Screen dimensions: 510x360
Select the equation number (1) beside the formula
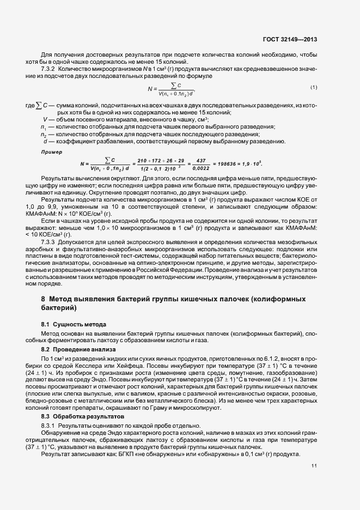pyautogui.click(x=314, y=87)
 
